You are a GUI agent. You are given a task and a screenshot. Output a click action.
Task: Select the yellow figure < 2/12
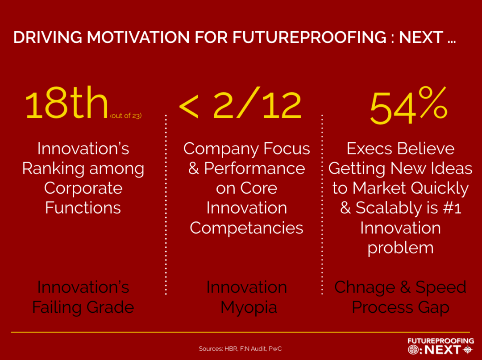point(240,105)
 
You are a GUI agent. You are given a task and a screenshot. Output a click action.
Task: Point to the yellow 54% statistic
point(408,108)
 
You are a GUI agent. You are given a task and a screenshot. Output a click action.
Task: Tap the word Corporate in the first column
point(83,188)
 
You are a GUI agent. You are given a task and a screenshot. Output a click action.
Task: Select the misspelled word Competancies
point(246,228)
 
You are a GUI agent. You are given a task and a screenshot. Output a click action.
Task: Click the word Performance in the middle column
point(254,169)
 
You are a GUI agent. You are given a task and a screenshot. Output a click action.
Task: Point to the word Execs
point(367,149)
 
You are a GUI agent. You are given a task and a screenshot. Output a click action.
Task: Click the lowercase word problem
point(400,248)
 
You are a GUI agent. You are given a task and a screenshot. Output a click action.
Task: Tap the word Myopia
point(249,307)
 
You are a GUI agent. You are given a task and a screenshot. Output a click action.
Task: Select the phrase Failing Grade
point(83,307)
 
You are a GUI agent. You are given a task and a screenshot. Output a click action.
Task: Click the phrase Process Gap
point(400,307)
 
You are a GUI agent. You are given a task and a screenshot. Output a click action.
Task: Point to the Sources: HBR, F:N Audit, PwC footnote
point(240,349)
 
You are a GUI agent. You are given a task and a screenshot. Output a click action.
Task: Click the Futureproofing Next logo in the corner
point(440,346)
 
